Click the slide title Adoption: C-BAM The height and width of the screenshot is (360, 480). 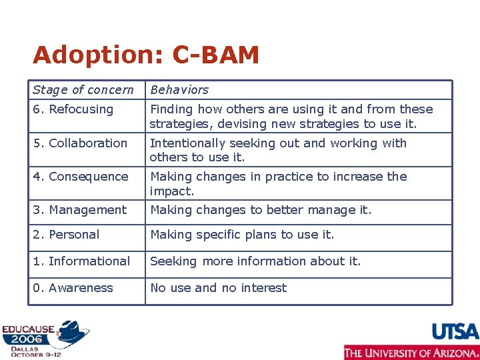coord(145,55)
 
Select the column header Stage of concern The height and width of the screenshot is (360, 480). coord(83,90)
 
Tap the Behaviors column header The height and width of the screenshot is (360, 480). coord(179,90)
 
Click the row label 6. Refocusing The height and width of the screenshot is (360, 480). coord(73,109)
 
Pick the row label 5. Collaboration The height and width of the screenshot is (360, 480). coord(79,143)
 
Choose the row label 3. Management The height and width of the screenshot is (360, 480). coord(79,210)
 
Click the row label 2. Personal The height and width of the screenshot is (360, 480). coord(66,235)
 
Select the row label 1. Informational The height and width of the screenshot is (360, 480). coord(81,261)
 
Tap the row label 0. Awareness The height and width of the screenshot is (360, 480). coord(73,288)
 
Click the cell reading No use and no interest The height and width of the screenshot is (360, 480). coord(218,288)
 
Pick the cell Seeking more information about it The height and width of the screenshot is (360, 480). coord(255,261)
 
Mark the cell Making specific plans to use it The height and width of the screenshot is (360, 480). coord(242,235)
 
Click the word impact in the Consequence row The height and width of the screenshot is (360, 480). coord(171,191)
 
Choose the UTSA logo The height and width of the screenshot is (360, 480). coord(455,331)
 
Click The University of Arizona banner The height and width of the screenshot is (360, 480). coord(411,352)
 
